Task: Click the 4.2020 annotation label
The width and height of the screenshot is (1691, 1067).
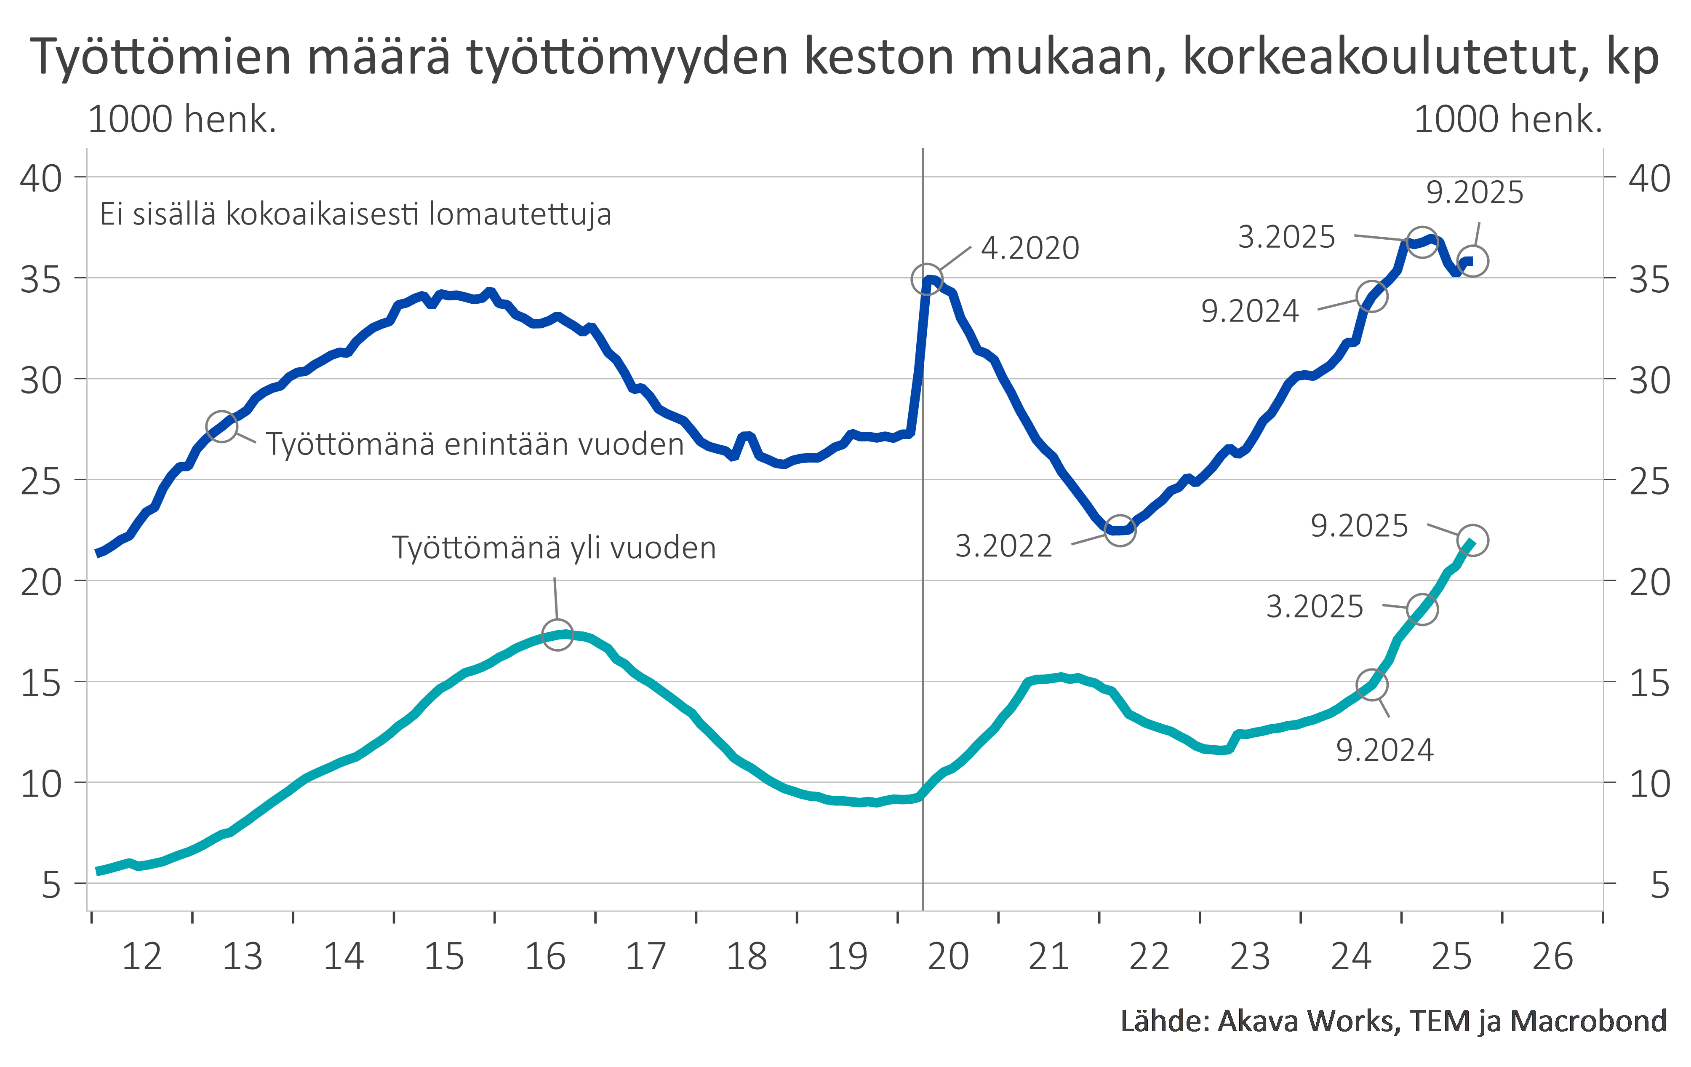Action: tap(1030, 249)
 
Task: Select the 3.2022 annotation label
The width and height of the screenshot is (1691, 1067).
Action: tap(1003, 546)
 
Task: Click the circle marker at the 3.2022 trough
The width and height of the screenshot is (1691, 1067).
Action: tap(1119, 530)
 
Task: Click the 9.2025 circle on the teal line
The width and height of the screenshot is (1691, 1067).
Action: tap(1472, 540)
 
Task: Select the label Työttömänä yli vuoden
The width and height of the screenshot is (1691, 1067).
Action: tap(553, 548)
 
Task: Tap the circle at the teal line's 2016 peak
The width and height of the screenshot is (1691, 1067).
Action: tap(557, 635)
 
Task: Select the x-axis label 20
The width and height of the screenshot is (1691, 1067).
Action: tap(948, 957)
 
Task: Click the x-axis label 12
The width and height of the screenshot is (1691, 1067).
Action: tap(142, 957)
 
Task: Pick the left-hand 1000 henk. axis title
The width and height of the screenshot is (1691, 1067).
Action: tap(182, 120)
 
